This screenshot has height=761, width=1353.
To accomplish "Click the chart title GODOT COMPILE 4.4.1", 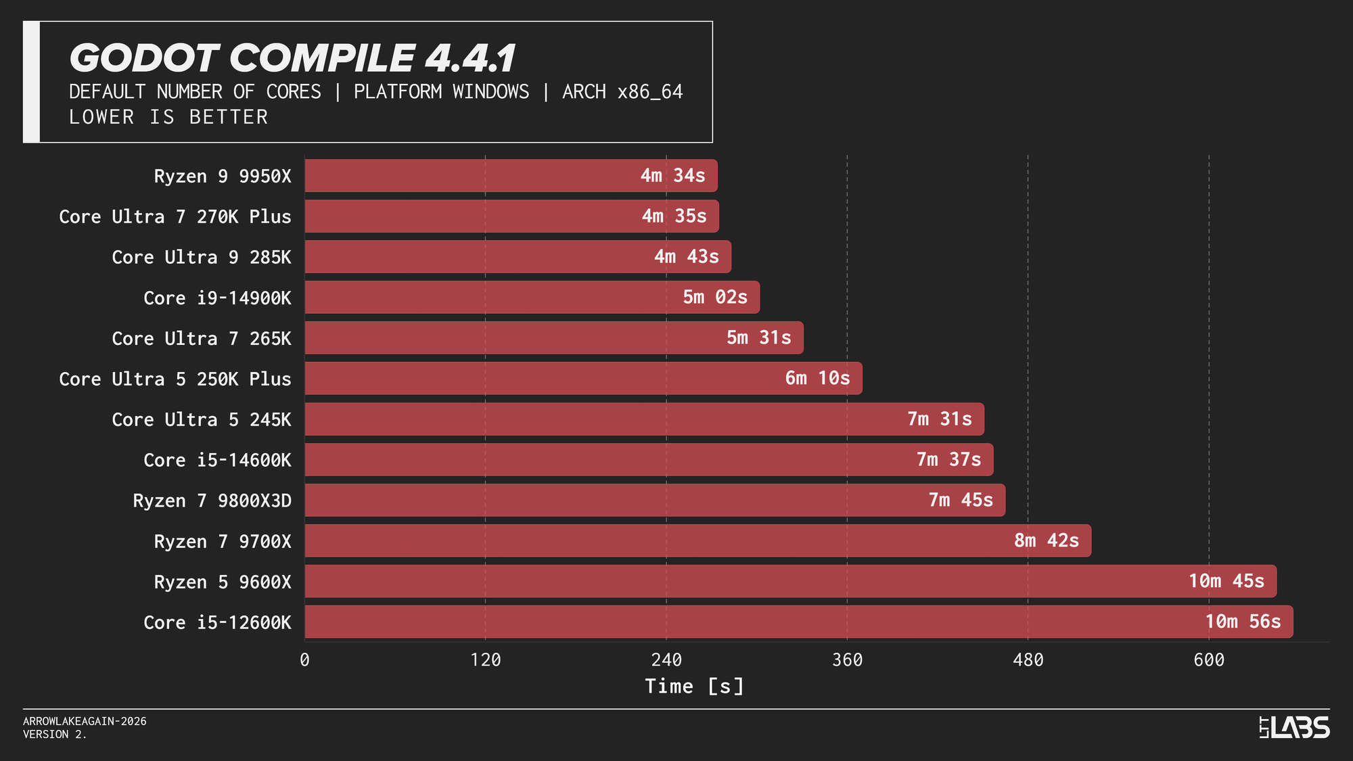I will click(292, 58).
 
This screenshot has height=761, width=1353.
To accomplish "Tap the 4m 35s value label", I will click(674, 216).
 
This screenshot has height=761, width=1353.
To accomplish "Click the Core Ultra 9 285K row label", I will click(202, 258).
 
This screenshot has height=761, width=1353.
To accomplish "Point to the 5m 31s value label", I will click(758, 338).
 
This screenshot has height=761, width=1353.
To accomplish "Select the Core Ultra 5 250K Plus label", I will click(175, 379).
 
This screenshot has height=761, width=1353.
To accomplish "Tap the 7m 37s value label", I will click(948, 460).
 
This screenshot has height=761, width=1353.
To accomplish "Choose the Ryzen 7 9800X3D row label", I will click(212, 501).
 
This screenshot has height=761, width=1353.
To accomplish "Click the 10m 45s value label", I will click(1226, 581).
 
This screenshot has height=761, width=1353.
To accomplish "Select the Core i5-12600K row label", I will click(217, 623).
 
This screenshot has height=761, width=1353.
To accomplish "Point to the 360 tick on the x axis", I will click(847, 660).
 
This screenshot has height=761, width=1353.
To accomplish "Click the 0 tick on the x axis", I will click(304, 660).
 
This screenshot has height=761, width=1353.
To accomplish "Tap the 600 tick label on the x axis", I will click(1209, 660).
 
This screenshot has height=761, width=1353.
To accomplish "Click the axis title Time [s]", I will click(694, 687).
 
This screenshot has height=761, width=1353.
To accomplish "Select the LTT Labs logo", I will click(1294, 727).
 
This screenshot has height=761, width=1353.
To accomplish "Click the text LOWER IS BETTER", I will click(168, 118).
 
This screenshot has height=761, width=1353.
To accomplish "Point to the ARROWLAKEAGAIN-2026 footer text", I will click(85, 722).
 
